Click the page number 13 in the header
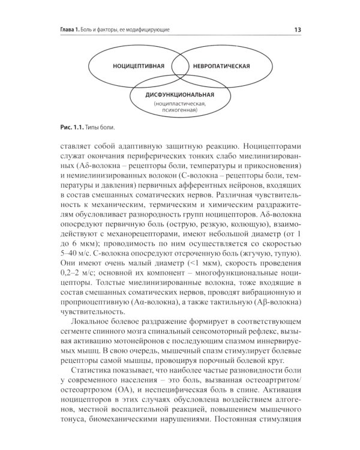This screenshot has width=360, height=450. click(298, 29)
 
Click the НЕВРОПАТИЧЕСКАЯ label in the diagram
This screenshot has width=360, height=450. click(220, 65)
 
